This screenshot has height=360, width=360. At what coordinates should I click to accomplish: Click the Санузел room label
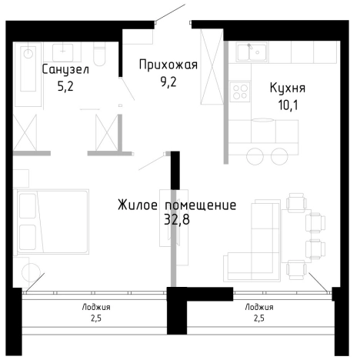tap(65, 70)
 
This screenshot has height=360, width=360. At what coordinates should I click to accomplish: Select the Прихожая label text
tap(168, 65)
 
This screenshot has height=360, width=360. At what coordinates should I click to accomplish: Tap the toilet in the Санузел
tap(98, 54)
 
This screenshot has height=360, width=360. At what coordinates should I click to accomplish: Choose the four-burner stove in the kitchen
tap(241, 93)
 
